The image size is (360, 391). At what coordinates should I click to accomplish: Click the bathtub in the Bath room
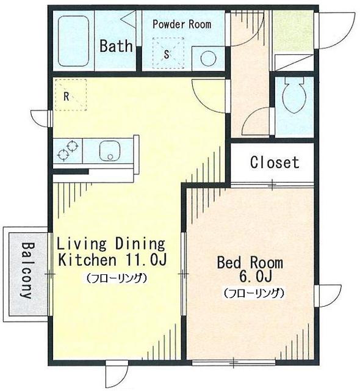[x=73, y=42]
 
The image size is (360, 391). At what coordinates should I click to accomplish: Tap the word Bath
[x=116, y=46]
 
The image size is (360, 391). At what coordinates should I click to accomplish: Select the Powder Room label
[x=182, y=24]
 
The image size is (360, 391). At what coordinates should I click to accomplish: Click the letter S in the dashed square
[x=167, y=54]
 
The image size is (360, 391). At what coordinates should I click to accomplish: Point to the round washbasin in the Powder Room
[x=208, y=59]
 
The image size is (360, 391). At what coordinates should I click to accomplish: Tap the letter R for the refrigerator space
[x=66, y=97]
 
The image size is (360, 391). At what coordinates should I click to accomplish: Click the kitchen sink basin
[x=110, y=151]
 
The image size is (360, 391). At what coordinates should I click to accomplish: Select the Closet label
[x=275, y=163]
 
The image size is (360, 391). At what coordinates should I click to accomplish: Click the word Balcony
[x=27, y=270]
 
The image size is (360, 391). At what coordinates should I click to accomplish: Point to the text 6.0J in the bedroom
[x=255, y=276]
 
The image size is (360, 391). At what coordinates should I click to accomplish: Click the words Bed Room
[x=250, y=262]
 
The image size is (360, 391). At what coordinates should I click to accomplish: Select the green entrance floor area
[x=293, y=31]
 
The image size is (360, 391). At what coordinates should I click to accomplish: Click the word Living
[x=82, y=244]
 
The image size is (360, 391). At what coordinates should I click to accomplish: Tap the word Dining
[x=140, y=244]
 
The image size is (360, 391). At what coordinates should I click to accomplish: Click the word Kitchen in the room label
[x=87, y=260]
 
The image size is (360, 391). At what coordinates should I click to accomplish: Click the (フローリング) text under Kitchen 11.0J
[x=117, y=278]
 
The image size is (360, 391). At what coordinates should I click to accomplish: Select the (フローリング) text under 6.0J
[x=254, y=293]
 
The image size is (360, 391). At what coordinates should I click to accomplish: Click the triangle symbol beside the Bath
[x=128, y=20]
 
